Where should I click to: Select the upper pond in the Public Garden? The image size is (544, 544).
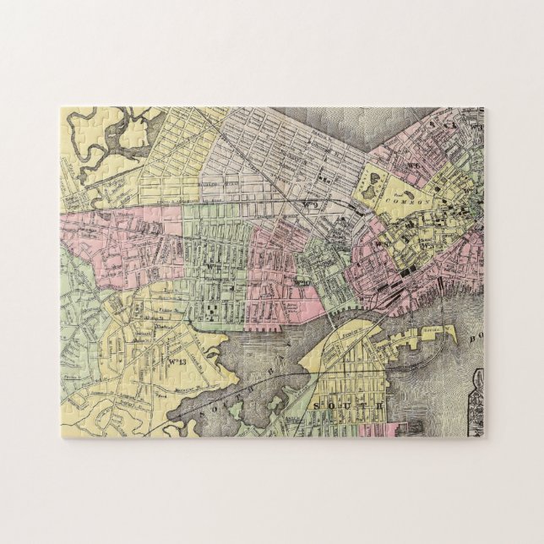368,179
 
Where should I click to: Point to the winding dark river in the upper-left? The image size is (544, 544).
117,144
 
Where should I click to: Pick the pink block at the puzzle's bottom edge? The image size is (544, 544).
384,430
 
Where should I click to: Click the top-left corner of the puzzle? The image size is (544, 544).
62,108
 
